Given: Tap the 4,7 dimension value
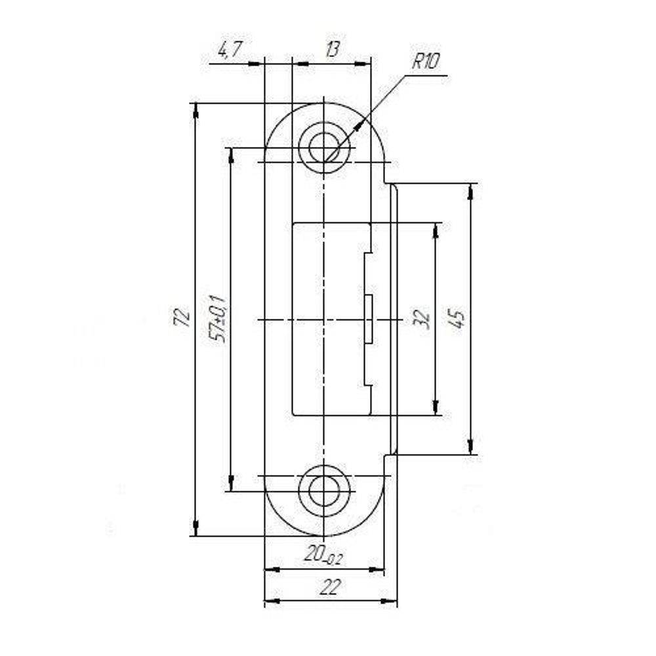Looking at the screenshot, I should click(x=230, y=50).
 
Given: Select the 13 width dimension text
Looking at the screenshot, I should click(x=331, y=50).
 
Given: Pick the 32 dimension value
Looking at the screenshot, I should click(x=422, y=319).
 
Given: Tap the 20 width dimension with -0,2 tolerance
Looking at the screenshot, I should click(x=323, y=556).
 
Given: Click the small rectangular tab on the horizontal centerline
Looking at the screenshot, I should click(x=369, y=319).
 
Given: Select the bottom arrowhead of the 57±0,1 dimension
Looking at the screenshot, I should click(x=231, y=485).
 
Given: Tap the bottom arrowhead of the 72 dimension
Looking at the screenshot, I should click(x=195, y=529).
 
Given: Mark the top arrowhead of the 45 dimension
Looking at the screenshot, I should click(x=471, y=190).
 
